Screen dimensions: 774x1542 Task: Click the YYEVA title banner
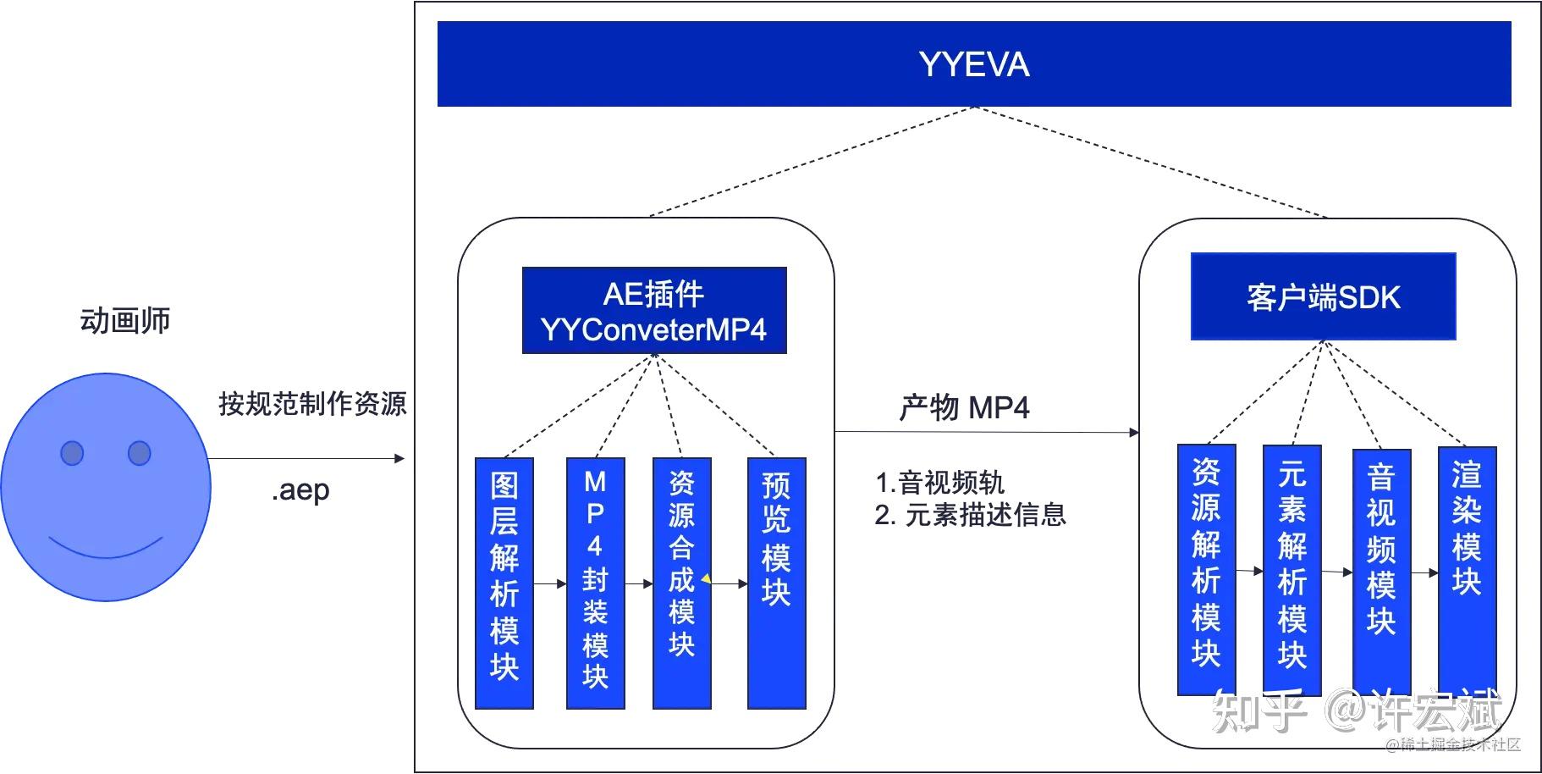click(973, 64)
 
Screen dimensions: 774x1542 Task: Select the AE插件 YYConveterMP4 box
click(653, 311)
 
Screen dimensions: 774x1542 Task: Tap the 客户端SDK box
click(1323, 297)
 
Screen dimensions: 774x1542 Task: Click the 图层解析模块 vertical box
click(504, 583)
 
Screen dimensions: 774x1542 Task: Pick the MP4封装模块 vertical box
click(595, 583)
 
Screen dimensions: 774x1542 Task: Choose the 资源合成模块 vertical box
click(681, 583)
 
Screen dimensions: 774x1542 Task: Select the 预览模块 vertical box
click(776, 583)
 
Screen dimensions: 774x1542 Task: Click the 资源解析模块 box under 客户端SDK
click(1206, 569)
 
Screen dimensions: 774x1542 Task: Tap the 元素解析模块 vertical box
click(1291, 569)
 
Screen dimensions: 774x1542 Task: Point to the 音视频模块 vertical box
click(1381, 571)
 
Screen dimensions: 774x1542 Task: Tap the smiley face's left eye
click(72, 453)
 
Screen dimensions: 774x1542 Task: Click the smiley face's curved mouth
click(106, 549)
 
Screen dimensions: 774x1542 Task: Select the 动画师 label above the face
click(125, 321)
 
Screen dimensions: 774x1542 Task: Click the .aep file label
click(300, 490)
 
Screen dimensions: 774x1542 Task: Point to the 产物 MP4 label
click(964, 408)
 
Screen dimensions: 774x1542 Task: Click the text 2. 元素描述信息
click(970, 515)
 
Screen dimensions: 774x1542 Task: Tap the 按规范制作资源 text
click(312, 403)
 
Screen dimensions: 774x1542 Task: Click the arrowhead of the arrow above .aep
click(399, 459)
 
